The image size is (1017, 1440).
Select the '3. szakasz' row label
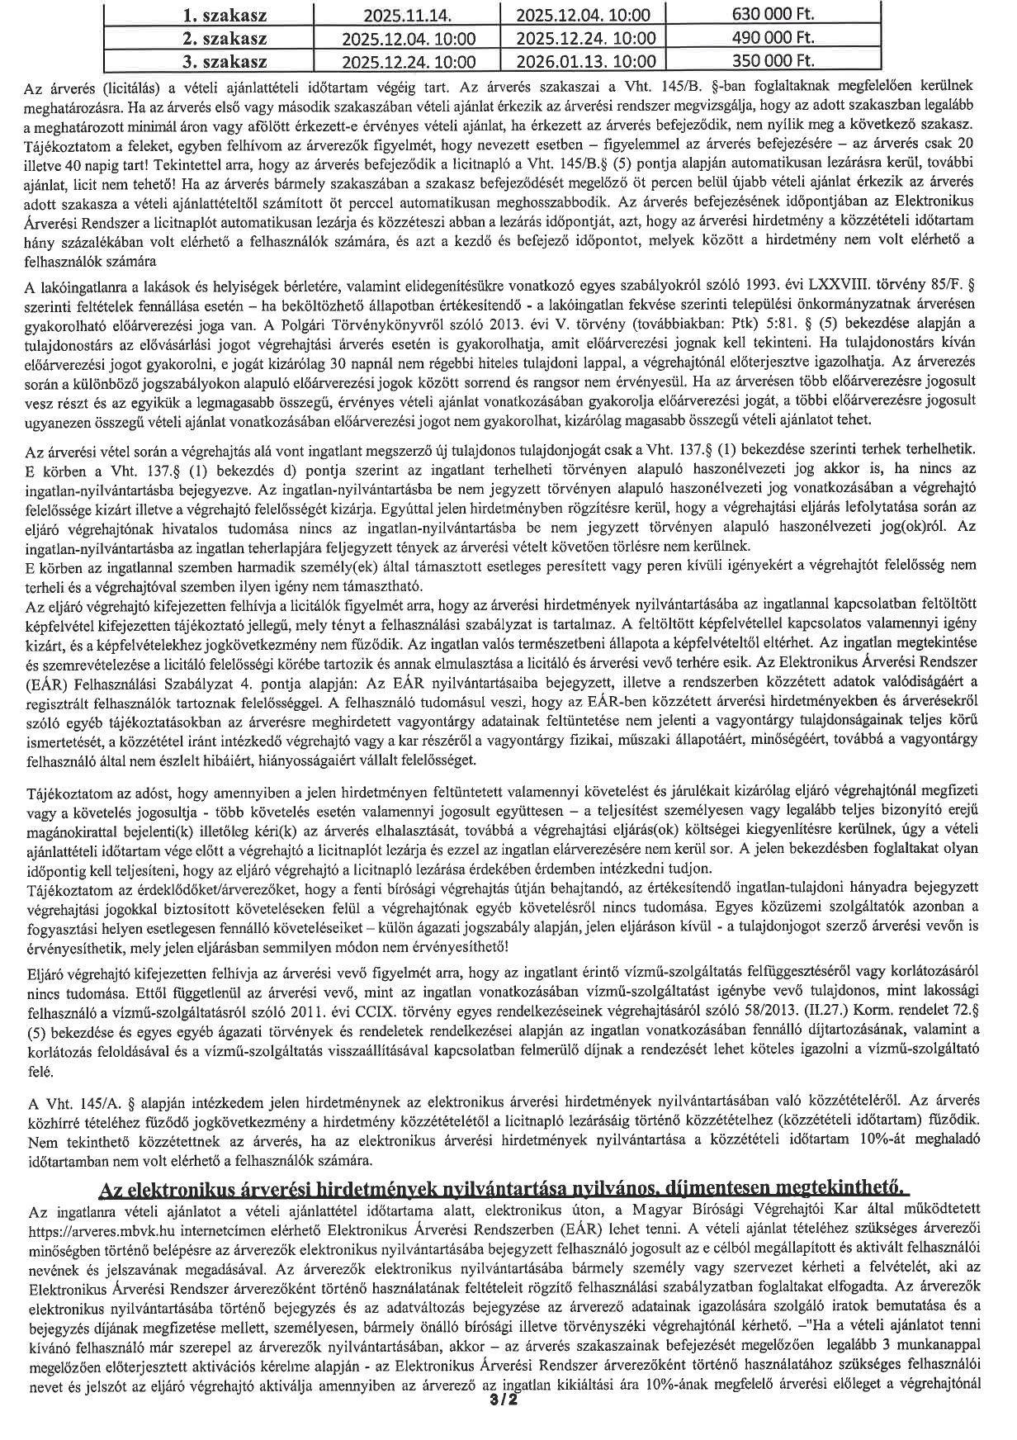pos(220,61)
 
